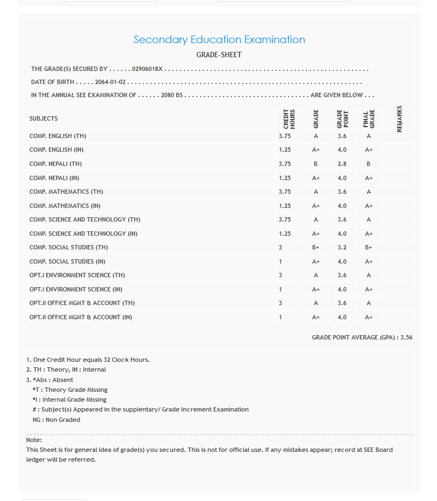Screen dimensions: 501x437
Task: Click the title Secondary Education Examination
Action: (x=219, y=40)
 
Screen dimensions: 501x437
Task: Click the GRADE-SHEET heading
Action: (x=219, y=55)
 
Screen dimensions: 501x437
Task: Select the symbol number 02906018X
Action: (x=147, y=69)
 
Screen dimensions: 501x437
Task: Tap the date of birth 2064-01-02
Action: (x=110, y=82)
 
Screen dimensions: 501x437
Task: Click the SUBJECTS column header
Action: (x=44, y=118)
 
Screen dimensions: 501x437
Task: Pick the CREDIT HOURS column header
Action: (x=289, y=118)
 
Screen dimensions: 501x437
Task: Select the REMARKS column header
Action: (x=399, y=118)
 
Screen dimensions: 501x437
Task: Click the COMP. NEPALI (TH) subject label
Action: (x=56, y=164)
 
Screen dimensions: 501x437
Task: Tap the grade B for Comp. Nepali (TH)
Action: (x=316, y=164)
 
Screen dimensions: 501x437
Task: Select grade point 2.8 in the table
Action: (x=342, y=164)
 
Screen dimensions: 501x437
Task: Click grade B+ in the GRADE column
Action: (x=316, y=248)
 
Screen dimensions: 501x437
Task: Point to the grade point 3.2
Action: (x=342, y=248)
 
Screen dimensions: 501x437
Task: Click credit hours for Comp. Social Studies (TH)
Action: (x=280, y=248)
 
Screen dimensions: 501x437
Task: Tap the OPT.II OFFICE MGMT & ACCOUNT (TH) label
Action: (x=82, y=303)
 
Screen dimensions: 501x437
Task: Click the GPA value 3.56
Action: (x=406, y=338)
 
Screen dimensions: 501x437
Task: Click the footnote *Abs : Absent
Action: (x=53, y=380)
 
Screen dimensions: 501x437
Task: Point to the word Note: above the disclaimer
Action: (x=34, y=440)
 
